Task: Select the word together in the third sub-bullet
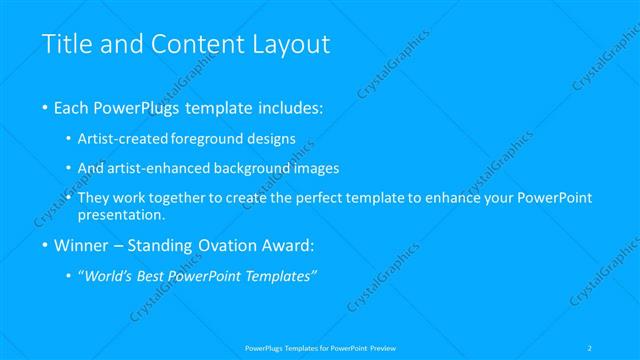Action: coord(177,198)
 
